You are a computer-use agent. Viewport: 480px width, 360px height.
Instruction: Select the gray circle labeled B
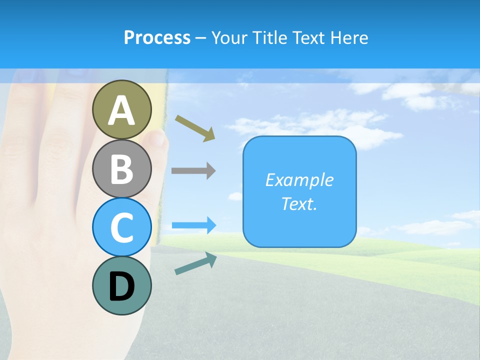coord(122,168)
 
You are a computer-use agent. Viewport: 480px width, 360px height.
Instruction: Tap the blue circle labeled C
coord(122,227)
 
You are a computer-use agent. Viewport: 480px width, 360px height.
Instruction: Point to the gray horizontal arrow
coord(193,171)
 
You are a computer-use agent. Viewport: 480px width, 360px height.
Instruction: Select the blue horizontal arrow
coord(194,225)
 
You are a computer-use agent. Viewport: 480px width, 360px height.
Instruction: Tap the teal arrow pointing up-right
coord(195,263)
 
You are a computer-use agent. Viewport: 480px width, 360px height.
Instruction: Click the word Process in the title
coord(157,37)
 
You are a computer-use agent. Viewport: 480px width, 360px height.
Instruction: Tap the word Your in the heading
coord(230,37)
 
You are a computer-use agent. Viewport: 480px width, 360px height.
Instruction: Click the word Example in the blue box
coord(299,180)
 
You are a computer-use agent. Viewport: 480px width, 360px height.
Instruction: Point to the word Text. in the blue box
coord(299,204)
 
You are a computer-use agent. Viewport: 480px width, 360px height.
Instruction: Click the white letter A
coord(122,110)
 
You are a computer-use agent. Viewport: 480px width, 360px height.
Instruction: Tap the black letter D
coord(122,286)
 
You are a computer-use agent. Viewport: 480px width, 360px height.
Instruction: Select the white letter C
coord(122,227)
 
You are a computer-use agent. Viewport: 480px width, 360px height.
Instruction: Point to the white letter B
coord(122,169)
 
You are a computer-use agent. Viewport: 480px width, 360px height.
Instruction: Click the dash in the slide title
coord(201,38)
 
